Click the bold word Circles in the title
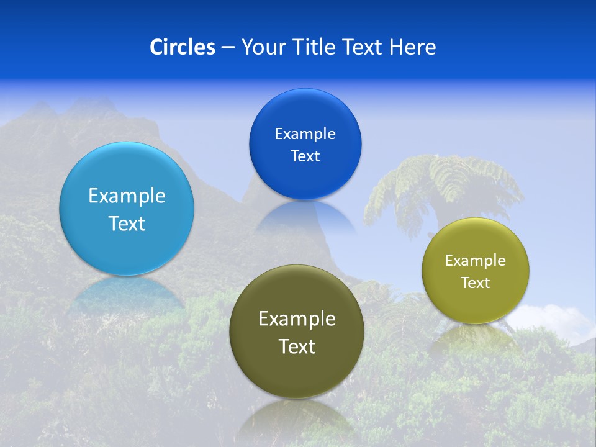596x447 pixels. pos(183,47)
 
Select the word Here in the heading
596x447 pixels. pos(413,47)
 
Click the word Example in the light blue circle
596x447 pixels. pos(127,196)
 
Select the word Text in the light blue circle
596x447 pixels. pos(127,223)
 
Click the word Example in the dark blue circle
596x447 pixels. pos(305,134)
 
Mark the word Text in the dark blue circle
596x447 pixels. pos(305,156)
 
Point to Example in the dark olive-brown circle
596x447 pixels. pos(297,319)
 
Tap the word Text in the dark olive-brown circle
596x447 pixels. pos(297,346)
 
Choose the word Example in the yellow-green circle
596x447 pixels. pos(476,261)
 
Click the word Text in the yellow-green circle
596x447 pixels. pos(476,283)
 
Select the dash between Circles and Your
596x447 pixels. pos(228,48)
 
